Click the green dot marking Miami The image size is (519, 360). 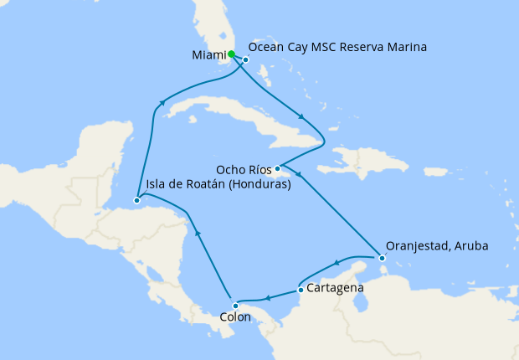(x=231, y=54)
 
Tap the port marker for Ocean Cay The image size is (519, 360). (x=246, y=59)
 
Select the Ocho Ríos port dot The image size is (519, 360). (x=277, y=168)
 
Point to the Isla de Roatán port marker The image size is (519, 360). (x=136, y=200)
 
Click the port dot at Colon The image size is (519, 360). (x=235, y=305)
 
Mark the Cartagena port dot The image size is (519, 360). (x=301, y=291)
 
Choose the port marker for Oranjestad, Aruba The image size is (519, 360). (x=382, y=259)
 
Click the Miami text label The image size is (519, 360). (x=208, y=55)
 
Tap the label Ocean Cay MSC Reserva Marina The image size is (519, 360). (x=338, y=48)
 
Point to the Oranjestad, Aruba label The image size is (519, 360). (x=437, y=246)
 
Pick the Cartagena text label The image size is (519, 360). (x=335, y=288)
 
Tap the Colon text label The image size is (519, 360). (x=234, y=318)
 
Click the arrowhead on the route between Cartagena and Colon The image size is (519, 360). (x=266, y=297)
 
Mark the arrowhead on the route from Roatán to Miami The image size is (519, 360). (x=160, y=103)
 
